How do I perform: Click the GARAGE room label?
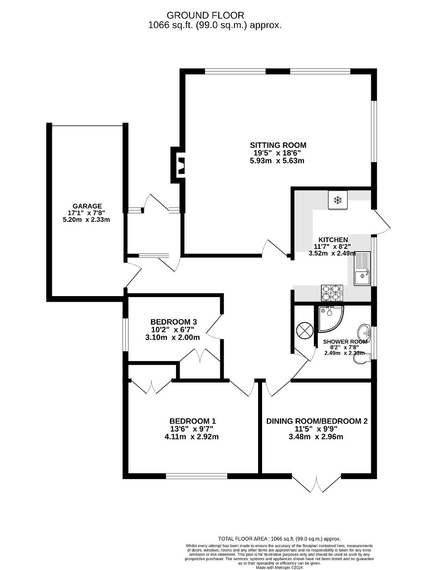(x=87, y=206)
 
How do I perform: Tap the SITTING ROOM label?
(x=278, y=145)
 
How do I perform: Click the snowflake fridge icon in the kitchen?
(x=337, y=200)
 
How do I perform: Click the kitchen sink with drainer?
(x=362, y=269)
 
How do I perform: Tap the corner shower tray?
(x=331, y=319)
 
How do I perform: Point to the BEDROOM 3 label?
(x=173, y=322)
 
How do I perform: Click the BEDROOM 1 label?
(x=193, y=421)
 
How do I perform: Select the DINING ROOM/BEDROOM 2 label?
(x=316, y=421)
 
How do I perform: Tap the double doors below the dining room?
(x=316, y=484)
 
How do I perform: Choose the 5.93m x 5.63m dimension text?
(x=277, y=161)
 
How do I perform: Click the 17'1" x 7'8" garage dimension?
(x=87, y=213)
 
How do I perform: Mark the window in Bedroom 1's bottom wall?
(x=197, y=476)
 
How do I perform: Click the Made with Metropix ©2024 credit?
(x=279, y=567)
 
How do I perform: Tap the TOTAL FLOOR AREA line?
(x=279, y=539)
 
